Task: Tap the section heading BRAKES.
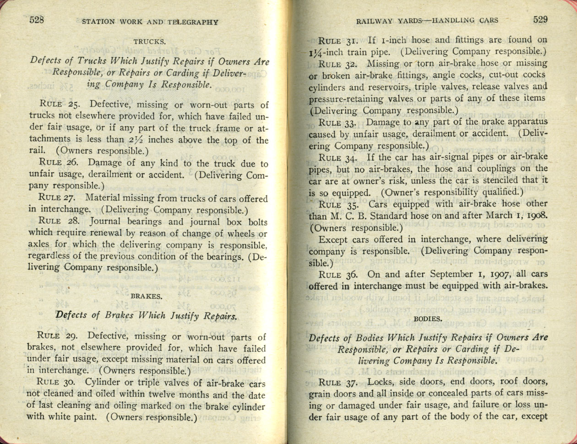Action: pos(146,296)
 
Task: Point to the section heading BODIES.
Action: pos(428,318)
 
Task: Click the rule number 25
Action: pos(74,104)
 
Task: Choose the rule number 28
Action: pos(74,221)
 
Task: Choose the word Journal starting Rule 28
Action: pos(105,221)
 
